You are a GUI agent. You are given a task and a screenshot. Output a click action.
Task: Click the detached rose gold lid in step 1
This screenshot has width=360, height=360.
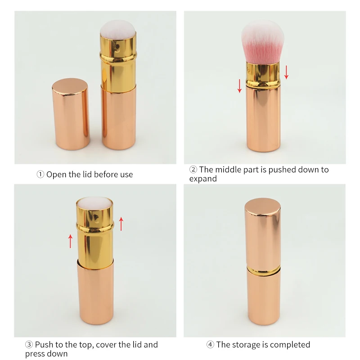click(71, 114)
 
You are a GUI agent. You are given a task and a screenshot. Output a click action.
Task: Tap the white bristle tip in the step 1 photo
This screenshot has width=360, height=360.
click(117, 27)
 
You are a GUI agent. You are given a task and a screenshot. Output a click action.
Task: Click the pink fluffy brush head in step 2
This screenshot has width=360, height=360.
click(263, 42)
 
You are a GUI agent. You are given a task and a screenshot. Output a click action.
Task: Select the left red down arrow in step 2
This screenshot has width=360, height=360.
click(239, 86)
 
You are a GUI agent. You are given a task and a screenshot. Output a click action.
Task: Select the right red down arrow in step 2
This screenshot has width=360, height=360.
click(286, 72)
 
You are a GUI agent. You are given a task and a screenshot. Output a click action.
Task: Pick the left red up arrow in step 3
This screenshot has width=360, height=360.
click(71, 241)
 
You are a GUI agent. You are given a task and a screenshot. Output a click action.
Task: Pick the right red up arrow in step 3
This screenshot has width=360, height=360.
click(121, 224)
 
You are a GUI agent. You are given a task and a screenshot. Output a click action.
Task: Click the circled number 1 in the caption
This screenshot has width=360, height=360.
click(40, 175)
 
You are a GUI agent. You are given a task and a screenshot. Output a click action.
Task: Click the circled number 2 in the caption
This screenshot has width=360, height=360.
click(193, 170)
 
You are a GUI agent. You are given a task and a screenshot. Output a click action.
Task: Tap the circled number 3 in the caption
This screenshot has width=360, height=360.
click(29, 344)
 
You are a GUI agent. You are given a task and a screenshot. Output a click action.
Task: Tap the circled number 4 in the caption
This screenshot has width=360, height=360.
click(210, 344)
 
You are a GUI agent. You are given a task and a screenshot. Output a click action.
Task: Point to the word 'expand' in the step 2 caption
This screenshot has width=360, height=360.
click(203, 179)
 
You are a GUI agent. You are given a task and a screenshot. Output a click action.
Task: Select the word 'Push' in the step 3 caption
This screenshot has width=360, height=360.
click(44, 344)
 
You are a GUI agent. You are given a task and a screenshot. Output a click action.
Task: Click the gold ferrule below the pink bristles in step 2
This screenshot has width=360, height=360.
click(263, 74)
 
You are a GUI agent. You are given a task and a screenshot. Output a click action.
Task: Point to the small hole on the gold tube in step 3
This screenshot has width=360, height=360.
click(96, 217)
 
